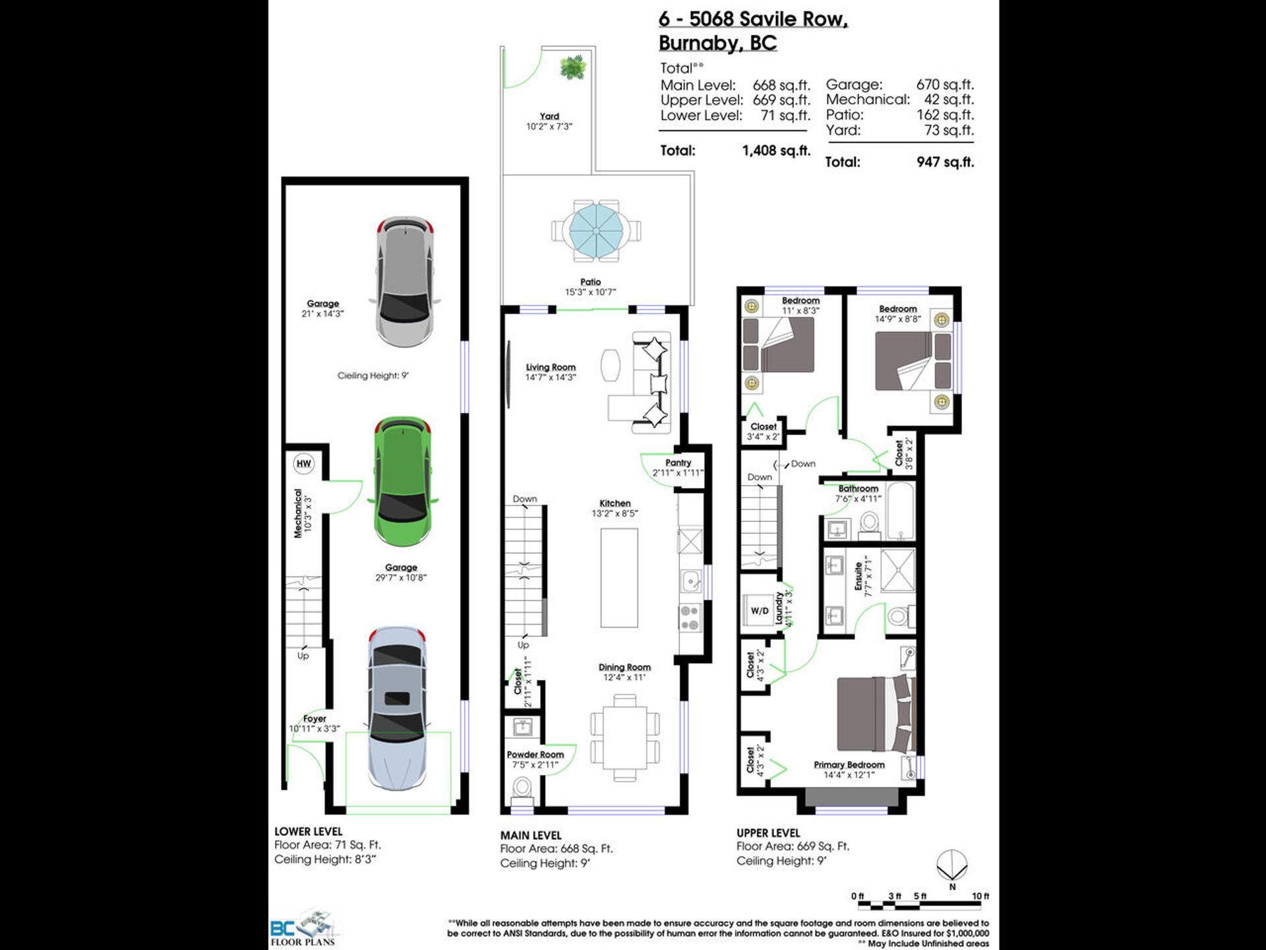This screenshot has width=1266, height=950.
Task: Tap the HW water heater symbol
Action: click(x=303, y=463)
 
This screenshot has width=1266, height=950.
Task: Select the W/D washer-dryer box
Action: click(x=760, y=611)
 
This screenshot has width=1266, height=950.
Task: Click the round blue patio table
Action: click(x=595, y=231)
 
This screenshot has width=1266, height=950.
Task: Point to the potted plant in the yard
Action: click(x=572, y=67)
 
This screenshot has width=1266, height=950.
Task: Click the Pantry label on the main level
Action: click(x=678, y=463)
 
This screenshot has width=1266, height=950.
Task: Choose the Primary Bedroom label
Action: click(x=849, y=765)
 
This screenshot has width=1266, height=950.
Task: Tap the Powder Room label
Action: click(x=535, y=755)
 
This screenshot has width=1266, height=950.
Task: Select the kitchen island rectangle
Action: click(x=619, y=577)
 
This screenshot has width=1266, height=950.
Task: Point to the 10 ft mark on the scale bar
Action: click(x=980, y=896)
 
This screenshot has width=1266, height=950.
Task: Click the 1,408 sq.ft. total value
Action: click(x=776, y=150)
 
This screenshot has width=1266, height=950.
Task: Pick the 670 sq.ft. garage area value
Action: click(x=945, y=84)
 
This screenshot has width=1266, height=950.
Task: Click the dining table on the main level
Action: click(x=624, y=738)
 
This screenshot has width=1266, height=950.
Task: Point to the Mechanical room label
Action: click(x=298, y=513)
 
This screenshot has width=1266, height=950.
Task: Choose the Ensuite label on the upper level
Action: click(x=859, y=576)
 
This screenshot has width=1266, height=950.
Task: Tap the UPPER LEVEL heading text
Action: click(x=768, y=833)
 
